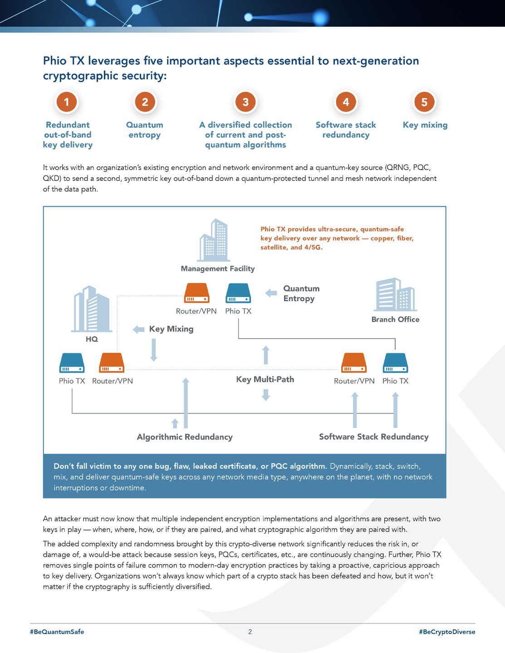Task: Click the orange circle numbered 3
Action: point(245,102)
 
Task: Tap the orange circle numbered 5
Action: point(424,102)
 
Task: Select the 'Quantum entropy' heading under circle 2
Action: point(144,130)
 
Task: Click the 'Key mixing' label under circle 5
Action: point(425,125)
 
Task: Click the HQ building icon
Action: point(92,309)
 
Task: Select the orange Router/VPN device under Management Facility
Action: point(196,293)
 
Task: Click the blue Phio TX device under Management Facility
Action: point(238,293)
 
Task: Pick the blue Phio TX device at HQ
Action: point(72,363)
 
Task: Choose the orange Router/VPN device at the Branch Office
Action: point(353,363)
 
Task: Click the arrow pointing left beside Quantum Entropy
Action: point(271,293)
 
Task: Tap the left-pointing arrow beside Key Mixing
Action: point(138,329)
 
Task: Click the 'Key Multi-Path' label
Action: point(265,379)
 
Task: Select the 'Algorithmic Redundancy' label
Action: point(185,437)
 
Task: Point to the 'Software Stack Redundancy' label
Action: point(373,437)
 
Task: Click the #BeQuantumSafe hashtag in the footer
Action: point(57,632)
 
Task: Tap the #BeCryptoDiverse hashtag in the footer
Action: point(447,632)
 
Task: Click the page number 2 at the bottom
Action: point(250,632)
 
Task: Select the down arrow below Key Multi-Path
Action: point(266,395)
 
